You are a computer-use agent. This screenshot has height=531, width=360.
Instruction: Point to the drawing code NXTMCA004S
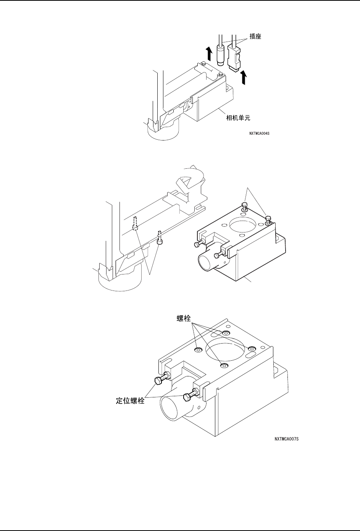click(x=262, y=134)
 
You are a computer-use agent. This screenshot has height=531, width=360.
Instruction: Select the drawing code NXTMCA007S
click(x=286, y=439)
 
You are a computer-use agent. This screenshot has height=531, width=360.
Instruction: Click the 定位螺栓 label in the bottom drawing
click(x=130, y=402)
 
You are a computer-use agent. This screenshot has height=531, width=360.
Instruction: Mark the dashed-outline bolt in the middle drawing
click(x=135, y=224)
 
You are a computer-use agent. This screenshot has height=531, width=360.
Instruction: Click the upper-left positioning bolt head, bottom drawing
click(x=159, y=381)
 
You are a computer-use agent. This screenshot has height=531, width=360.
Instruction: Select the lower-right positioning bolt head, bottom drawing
click(x=187, y=397)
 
